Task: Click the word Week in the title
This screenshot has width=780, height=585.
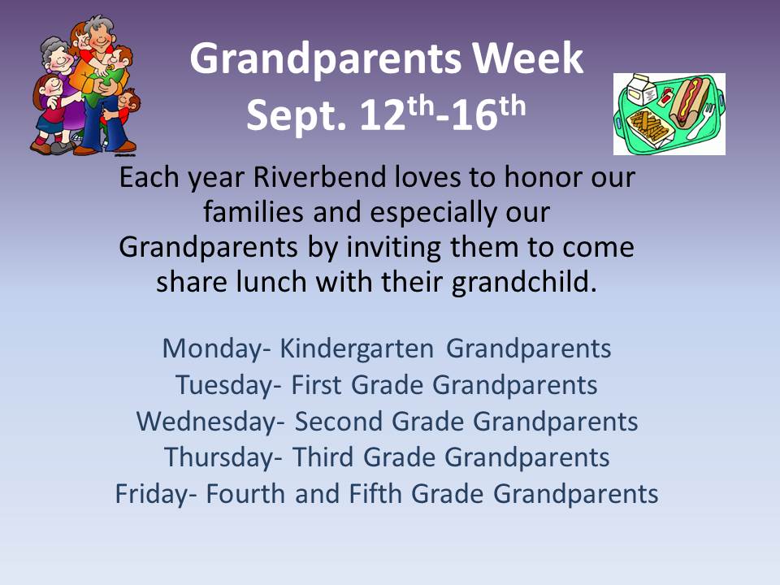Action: coord(527,58)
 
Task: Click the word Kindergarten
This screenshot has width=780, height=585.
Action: coord(357,349)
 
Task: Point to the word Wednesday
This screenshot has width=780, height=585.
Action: coord(206,422)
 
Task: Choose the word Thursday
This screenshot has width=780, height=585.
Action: coord(219,457)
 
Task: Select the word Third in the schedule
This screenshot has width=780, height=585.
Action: coord(324,457)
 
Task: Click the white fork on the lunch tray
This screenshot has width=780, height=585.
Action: coord(702,121)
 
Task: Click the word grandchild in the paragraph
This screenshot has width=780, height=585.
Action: coord(524,282)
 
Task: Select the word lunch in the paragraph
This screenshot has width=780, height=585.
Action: coord(271,282)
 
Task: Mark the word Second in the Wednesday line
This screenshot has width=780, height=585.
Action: coord(338,422)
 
